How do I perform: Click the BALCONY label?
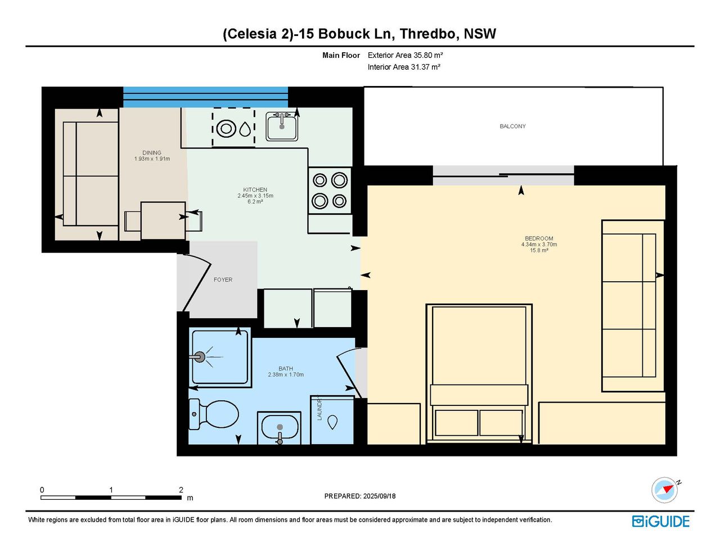point(512,126)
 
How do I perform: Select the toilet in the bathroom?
point(214,414)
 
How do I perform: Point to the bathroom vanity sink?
point(280,427)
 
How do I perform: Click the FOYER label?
point(223,279)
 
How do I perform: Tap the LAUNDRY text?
point(319,409)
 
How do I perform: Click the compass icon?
point(665,490)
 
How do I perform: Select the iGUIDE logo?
point(661,521)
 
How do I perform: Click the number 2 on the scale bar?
point(181,490)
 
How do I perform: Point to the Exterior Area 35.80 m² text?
point(405,55)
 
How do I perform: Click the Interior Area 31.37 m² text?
point(404,67)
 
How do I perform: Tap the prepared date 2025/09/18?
point(379,496)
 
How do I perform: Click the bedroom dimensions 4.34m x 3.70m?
point(539,245)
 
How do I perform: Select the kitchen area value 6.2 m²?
point(255,201)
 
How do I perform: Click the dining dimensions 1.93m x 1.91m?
point(152,159)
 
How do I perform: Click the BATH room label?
point(286,369)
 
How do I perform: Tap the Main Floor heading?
point(341,55)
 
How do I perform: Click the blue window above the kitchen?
point(205,97)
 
